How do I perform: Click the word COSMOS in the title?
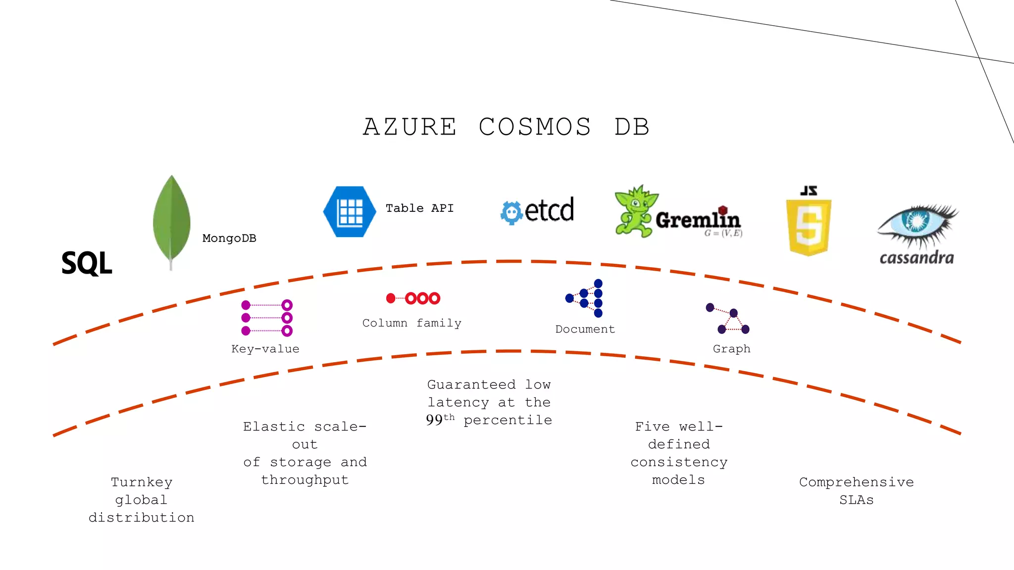tap(535, 127)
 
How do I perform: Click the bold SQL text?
tap(87, 263)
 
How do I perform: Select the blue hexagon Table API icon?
tap(350, 212)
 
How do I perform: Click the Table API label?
tap(419, 208)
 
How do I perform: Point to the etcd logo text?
tap(549, 210)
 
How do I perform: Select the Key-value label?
tap(265, 349)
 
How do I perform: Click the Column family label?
tap(411, 323)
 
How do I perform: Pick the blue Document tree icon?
tap(585, 298)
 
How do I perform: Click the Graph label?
tap(731, 349)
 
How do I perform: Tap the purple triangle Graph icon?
tap(729, 319)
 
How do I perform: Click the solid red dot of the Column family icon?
tap(391, 298)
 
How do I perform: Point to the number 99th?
tap(440, 420)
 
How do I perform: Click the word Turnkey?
tap(142, 482)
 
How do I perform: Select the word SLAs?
tap(856, 500)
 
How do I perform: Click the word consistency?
tap(679, 462)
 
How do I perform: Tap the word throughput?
tap(304, 480)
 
